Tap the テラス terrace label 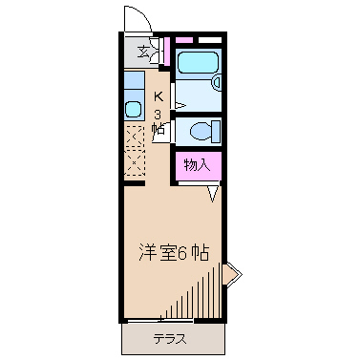coord(168,338)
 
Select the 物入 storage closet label coord(197,165)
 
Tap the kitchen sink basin coord(133,106)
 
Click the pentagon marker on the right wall coord(232,276)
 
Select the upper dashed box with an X coord(134,136)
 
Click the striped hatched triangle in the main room coord(201,296)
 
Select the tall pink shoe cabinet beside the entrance coord(165,51)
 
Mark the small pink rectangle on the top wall coord(183,39)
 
